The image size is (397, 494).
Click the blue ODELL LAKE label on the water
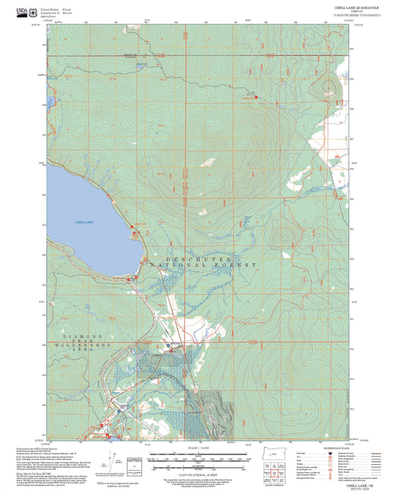pos(84,222)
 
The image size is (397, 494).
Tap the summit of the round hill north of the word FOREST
pos(281,239)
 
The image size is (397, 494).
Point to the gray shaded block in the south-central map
pos(216,409)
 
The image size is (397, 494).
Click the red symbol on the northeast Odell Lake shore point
pos(109,196)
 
